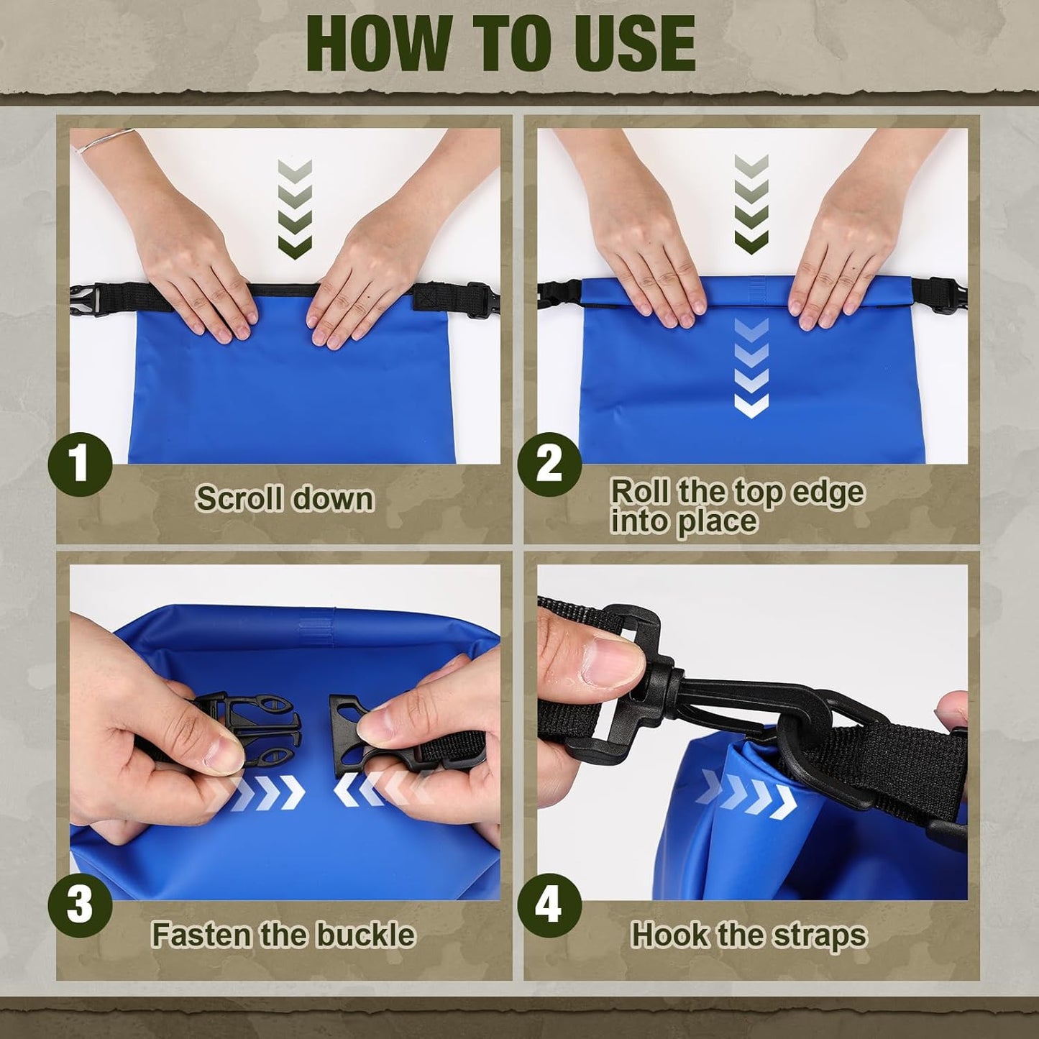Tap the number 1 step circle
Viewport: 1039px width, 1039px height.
(80, 464)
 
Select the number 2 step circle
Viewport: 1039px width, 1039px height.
(549, 464)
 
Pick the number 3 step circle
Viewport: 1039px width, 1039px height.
(80, 904)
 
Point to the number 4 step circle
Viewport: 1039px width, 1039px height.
(549, 905)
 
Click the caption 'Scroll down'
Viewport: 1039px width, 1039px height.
(285, 498)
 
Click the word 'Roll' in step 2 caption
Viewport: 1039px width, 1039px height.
(641, 492)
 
